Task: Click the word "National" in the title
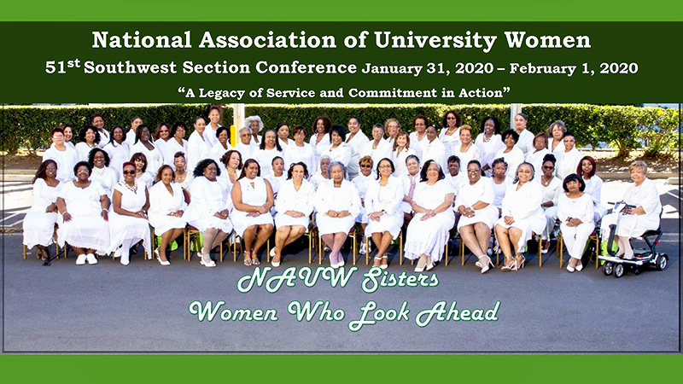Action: point(142,39)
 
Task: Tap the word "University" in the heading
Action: point(435,40)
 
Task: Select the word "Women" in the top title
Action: point(547,39)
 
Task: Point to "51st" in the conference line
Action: point(62,67)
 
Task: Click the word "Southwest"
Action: point(131,67)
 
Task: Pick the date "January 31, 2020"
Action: point(428,68)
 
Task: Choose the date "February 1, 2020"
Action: point(574,68)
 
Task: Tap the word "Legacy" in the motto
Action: point(218,93)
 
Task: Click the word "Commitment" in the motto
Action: point(393,93)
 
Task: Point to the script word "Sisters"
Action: point(400,279)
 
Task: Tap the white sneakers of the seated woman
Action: point(86,259)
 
